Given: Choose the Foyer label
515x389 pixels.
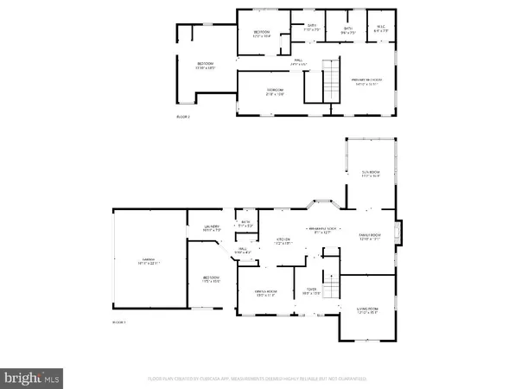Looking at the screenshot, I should tap(312, 290).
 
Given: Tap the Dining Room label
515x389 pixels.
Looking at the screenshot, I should tap(265, 293).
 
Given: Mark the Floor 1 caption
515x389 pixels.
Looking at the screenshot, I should tap(119, 322).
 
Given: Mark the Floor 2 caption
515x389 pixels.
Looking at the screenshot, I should tap(183, 116).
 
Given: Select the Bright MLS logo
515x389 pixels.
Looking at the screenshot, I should tap(33, 377).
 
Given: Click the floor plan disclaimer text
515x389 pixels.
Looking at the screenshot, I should tap(257, 378).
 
